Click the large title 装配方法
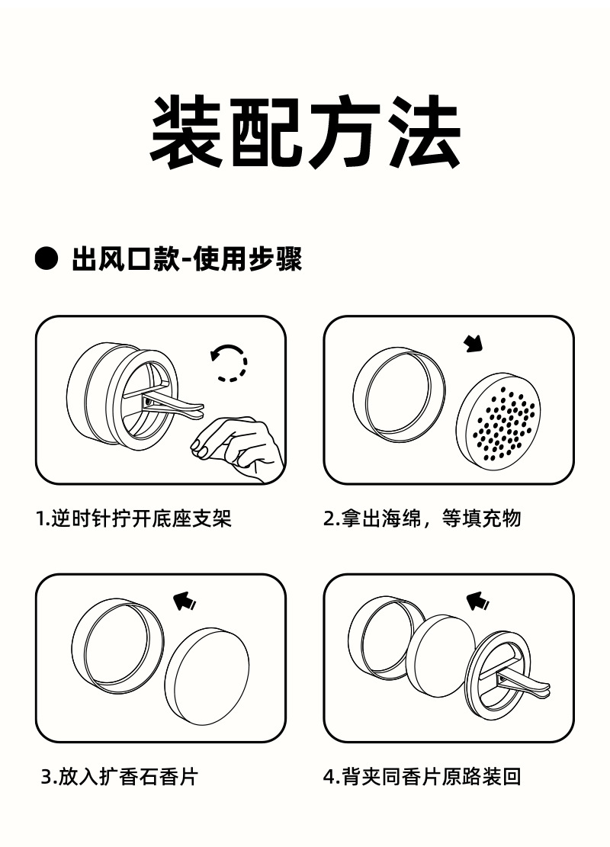[305, 132]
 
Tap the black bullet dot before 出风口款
[47, 259]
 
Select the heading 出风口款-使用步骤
[187, 259]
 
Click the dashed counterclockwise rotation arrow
[229, 362]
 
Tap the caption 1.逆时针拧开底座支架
[134, 519]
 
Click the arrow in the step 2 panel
[474, 345]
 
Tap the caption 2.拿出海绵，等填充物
[422, 519]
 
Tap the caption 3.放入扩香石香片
[119, 778]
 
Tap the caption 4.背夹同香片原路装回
[422, 778]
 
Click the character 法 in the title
[424, 132]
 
